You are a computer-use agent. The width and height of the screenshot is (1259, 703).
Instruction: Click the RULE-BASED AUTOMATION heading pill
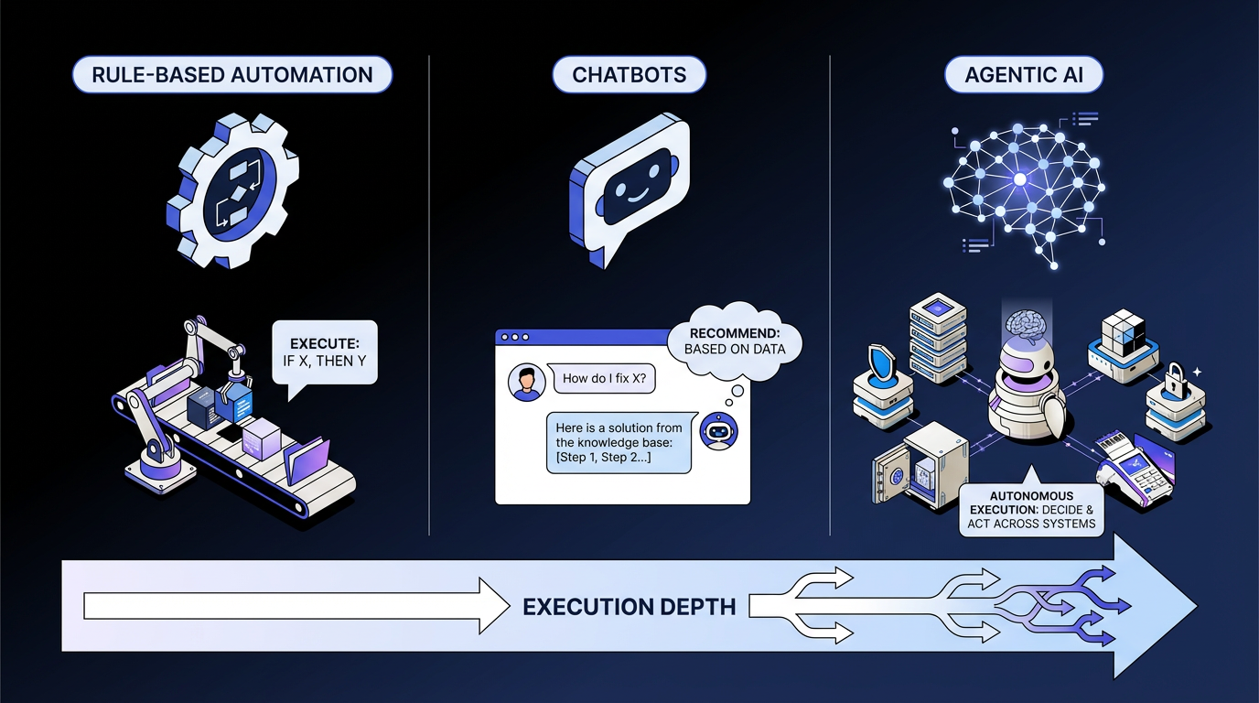pyautogui.click(x=231, y=74)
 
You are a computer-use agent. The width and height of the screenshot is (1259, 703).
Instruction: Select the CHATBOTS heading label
pyautogui.click(x=629, y=74)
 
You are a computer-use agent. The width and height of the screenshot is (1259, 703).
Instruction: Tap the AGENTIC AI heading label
pyautogui.click(x=1023, y=74)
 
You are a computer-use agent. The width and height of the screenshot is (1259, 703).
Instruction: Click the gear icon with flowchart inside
pyautogui.click(x=232, y=193)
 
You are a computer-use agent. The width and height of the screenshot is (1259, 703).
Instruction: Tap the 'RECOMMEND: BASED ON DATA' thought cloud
pyautogui.click(x=735, y=341)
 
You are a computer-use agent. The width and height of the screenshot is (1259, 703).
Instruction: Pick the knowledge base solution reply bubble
pyautogui.click(x=618, y=442)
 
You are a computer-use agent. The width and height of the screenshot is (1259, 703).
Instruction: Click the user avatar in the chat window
pyautogui.click(x=526, y=382)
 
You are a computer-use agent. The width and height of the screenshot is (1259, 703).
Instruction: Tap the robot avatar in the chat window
pyautogui.click(x=718, y=431)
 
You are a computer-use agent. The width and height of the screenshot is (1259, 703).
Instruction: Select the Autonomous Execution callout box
pyautogui.click(x=1031, y=510)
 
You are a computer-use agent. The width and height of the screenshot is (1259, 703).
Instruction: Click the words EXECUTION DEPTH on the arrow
pyautogui.click(x=629, y=606)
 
